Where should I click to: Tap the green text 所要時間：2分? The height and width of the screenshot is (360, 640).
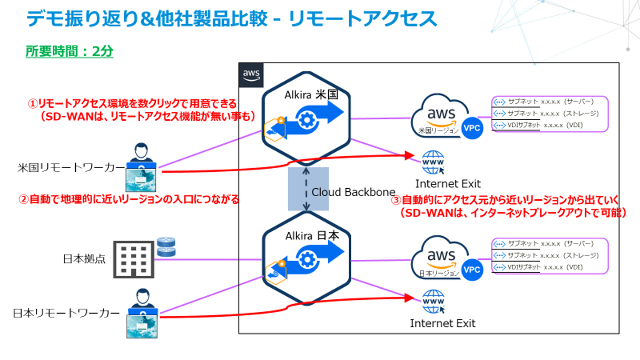70,52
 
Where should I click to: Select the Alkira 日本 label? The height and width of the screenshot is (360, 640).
310,235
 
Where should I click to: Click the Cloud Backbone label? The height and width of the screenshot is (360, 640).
353,192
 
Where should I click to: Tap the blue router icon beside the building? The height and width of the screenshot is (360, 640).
165,247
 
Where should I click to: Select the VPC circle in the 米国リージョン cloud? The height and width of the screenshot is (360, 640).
471,128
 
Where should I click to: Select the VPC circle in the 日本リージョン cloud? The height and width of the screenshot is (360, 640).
471,270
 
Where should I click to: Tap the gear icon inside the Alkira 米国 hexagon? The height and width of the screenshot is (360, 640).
306,119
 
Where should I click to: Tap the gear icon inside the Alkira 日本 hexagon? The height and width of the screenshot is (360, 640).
306,258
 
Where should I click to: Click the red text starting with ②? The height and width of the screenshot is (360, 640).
129,200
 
